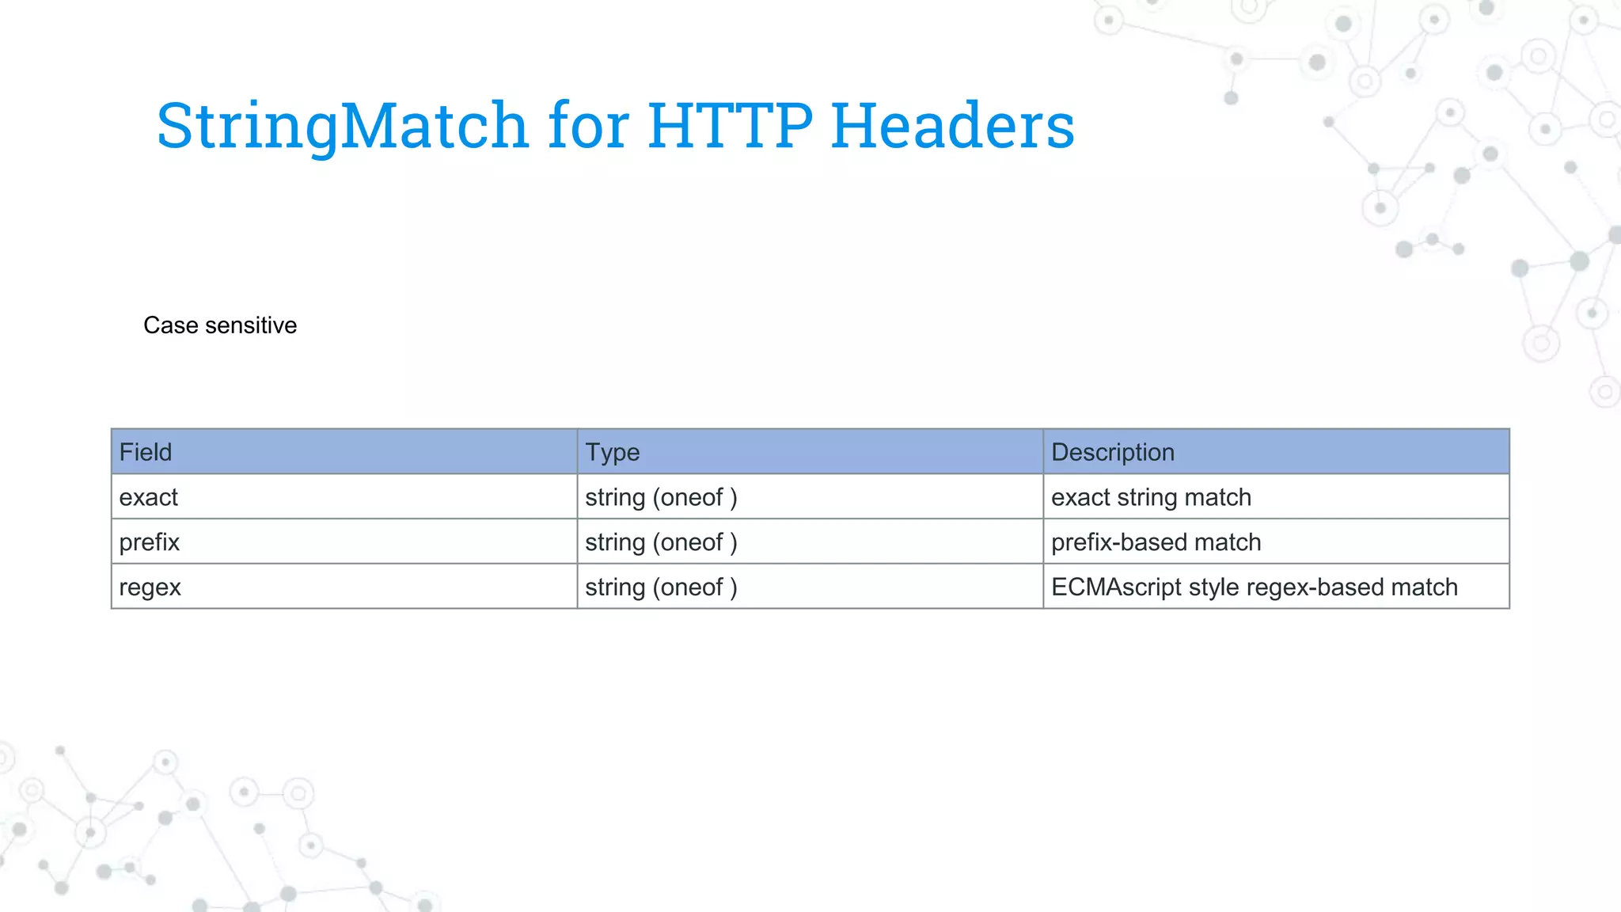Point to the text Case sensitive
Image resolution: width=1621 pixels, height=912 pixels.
tap(220, 325)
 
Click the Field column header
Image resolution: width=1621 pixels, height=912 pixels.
tap(146, 452)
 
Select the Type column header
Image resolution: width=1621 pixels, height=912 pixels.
tap(612, 452)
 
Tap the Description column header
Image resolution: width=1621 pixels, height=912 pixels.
tap(1112, 452)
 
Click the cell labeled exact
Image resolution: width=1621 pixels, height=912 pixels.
tap(149, 497)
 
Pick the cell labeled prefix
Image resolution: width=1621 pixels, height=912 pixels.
tap(150, 542)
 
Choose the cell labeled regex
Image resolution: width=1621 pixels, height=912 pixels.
tap(150, 587)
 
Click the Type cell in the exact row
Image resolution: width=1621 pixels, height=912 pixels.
tap(661, 497)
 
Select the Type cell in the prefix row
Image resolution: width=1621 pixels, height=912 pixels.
tap(661, 542)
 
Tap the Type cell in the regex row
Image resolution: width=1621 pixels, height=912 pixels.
tap(661, 587)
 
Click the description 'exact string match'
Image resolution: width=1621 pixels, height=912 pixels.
tap(1151, 497)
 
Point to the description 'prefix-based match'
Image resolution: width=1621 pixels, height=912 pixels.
tap(1156, 542)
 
